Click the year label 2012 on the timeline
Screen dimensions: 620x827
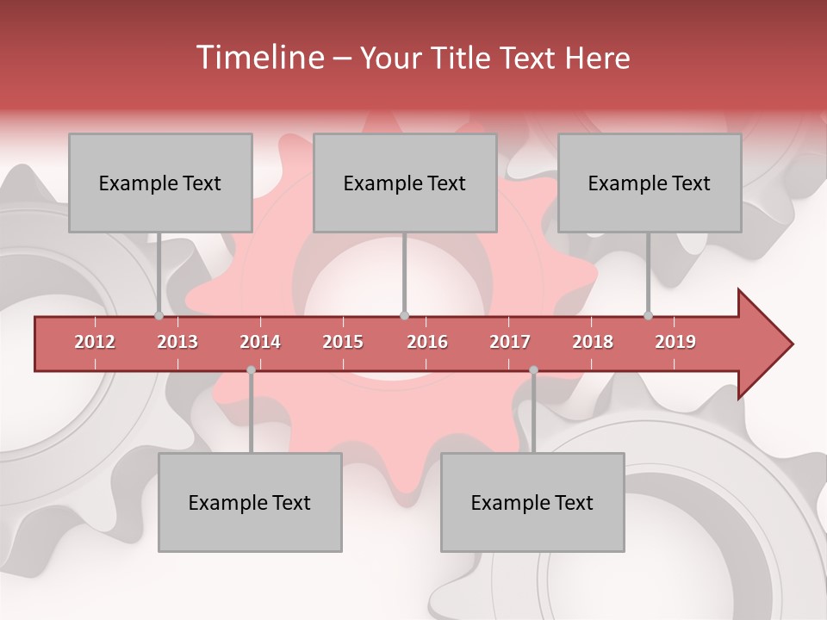[95, 342]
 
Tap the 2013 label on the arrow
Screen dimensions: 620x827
[177, 342]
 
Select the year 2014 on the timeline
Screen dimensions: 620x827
[260, 342]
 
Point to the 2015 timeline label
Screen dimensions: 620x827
[343, 342]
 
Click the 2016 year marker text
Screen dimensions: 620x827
[427, 342]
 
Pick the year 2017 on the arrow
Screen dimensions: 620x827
[510, 342]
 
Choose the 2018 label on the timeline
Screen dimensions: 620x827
[593, 342]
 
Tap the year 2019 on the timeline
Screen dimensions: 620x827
[675, 342]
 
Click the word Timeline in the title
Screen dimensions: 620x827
[258, 58]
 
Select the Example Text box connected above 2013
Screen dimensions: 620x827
[160, 183]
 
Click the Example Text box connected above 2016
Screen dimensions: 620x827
[405, 183]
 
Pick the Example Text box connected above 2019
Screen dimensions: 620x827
[650, 183]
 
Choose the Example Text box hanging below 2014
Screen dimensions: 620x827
[250, 502]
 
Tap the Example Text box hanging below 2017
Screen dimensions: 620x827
[532, 502]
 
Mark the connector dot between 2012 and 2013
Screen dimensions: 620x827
[159, 315]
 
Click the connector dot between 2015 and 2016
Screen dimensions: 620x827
[404, 315]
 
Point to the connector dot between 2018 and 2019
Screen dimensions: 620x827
[648, 315]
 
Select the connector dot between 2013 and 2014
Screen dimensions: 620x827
[251, 370]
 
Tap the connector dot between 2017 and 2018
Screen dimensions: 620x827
[533, 370]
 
